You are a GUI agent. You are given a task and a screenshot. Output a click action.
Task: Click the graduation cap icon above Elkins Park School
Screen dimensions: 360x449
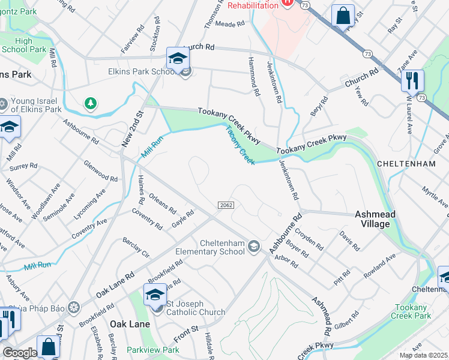tap(178, 58)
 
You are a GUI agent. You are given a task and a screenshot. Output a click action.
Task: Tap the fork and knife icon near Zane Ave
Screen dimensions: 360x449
tap(412, 80)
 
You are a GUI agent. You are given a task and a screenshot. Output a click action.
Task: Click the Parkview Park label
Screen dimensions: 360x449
tap(153, 349)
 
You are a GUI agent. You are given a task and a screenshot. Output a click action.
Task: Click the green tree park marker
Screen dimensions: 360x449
tap(90, 104)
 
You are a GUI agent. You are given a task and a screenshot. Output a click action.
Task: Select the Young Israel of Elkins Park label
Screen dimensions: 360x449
tap(35, 106)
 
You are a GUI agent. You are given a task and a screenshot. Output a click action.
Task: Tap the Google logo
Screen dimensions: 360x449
tap(19, 353)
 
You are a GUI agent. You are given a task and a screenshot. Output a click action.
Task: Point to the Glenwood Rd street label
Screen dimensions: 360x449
tap(100, 170)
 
